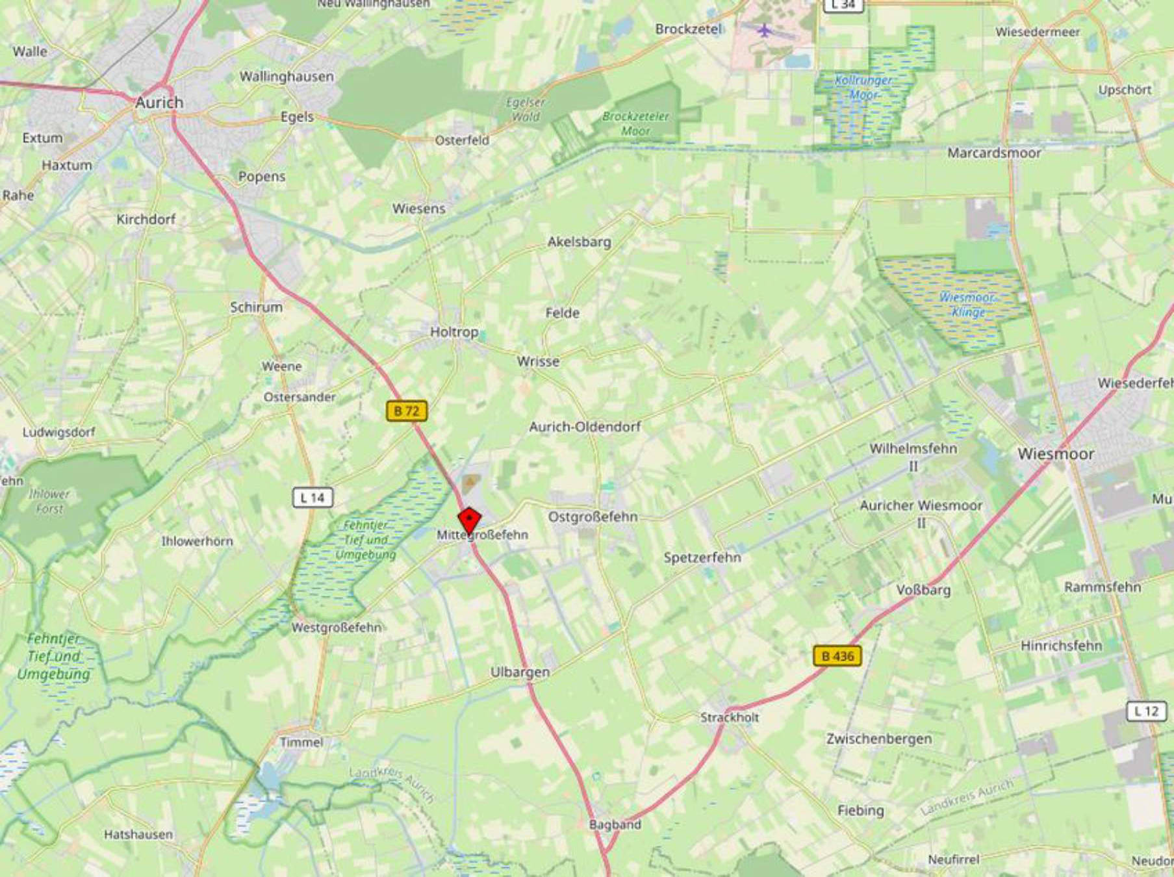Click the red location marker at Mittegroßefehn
click(469, 520)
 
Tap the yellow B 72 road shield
click(407, 411)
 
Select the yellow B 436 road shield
click(837, 656)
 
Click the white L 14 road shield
click(313, 498)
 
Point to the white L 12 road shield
click(1146, 711)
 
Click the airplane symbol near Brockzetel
click(765, 30)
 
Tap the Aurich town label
click(159, 102)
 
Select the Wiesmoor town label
click(1056, 453)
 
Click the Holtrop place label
click(454, 332)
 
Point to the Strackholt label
click(730, 717)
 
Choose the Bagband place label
click(615, 824)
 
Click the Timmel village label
click(301, 742)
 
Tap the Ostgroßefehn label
click(593, 516)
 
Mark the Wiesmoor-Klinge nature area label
click(967, 305)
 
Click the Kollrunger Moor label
click(863, 87)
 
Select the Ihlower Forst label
click(49, 501)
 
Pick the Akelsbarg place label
click(579, 242)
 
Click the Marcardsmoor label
click(994, 153)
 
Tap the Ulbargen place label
click(520, 672)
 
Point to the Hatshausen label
click(138, 834)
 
